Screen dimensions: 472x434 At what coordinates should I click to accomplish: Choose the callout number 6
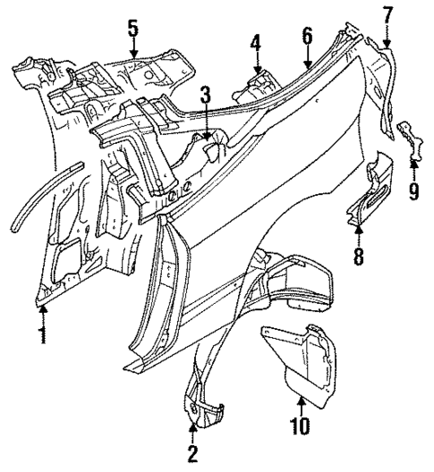(x=307, y=37)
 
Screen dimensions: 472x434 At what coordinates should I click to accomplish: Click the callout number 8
(x=358, y=257)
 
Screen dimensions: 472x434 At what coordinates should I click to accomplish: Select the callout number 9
(x=413, y=191)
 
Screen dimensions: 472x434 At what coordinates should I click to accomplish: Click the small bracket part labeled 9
(x=410, y=142)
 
